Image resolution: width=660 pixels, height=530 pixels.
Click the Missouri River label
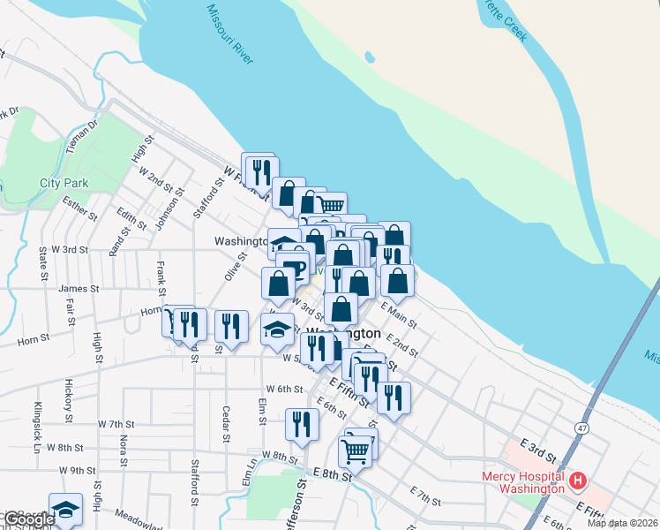coord(230,34)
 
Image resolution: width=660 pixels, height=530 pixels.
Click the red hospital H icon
coord(578,481)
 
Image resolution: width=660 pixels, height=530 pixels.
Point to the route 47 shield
coord(583,427)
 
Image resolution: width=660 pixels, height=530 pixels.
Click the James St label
coord(79,288)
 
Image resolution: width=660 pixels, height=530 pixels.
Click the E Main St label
coord(399,315)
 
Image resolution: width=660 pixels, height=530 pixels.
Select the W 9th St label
coord(77,471)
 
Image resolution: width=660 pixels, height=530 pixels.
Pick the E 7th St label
coord(426,495)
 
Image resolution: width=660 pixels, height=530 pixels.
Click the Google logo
coord(28,519)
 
